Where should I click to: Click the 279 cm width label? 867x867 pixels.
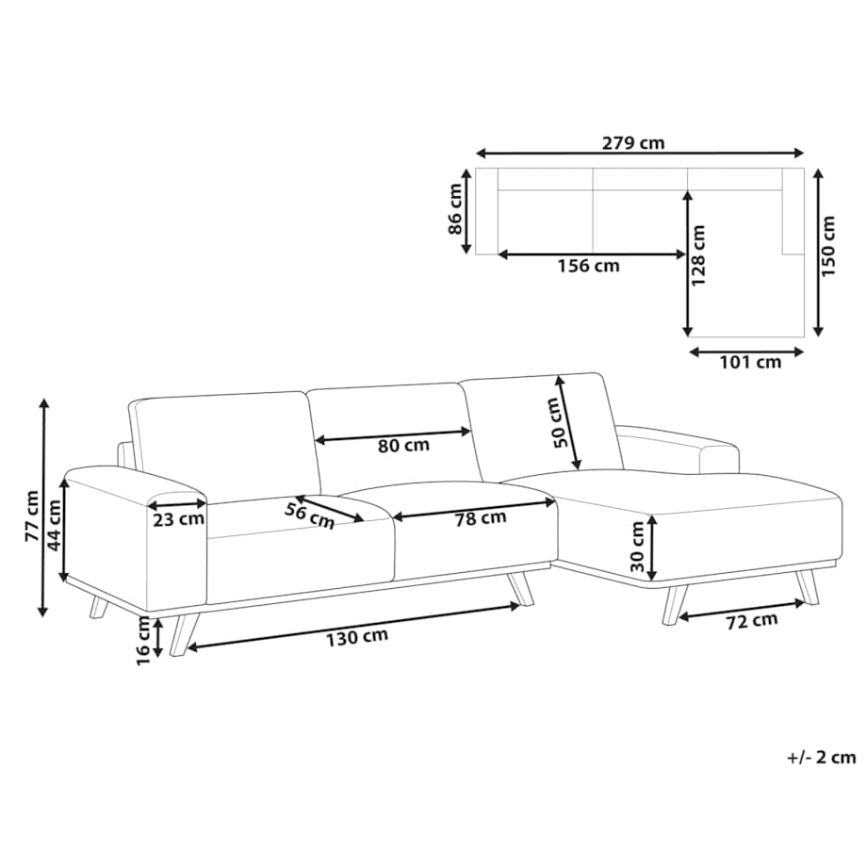click(633, 143)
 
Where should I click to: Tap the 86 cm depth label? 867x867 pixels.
click(455, 209)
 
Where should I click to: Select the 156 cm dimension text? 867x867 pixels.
click(588, 266)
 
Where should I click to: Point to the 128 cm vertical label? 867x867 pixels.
click(699, 254)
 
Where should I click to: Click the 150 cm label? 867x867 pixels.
click(828, 247)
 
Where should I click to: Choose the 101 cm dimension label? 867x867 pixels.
click(750, 363)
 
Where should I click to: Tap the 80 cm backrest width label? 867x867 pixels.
click(403, 446)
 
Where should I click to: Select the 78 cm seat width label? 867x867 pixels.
click(481, 518)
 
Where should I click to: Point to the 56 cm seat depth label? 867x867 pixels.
click(310, 515)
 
